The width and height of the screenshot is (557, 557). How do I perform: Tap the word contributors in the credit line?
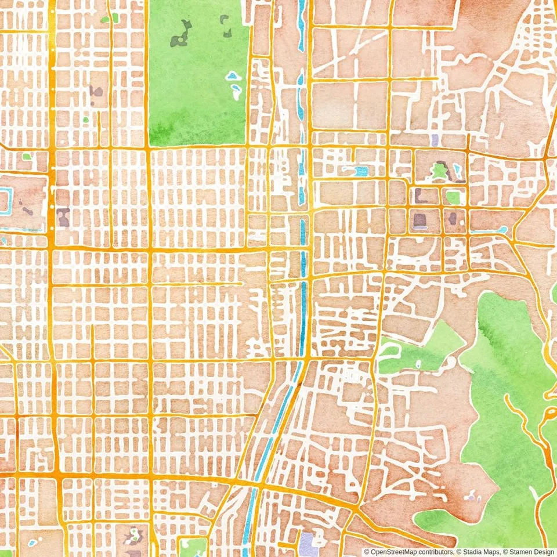[434, 552]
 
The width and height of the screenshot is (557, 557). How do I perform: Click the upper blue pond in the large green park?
[233, 75]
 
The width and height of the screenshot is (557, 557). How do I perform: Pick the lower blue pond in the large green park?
[236, 91]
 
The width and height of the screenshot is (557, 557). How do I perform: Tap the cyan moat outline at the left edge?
[6, 201]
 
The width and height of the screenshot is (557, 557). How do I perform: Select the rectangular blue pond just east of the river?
[361, 171]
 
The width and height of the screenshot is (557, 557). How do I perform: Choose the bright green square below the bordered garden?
[453, 197]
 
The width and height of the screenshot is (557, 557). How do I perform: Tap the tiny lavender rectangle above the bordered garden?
[435, 140]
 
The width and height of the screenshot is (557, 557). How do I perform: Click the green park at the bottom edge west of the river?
[193, 547]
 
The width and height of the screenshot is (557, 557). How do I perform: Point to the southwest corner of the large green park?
[150, 144]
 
